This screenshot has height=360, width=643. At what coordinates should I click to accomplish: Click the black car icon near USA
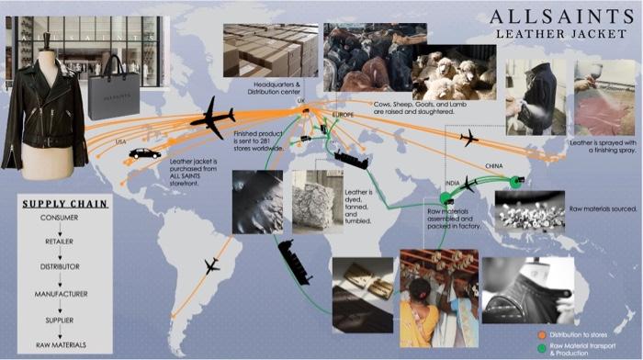pyautogui.click(x=144, y=153)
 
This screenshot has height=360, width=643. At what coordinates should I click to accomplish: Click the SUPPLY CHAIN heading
pyautogui.click(x=63, y=204)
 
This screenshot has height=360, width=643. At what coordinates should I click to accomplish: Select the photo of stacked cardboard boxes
pyautogui.click(x=271, y=50)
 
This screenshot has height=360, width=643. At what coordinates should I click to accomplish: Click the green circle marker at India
pyautogui.click(x=446, y=198)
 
